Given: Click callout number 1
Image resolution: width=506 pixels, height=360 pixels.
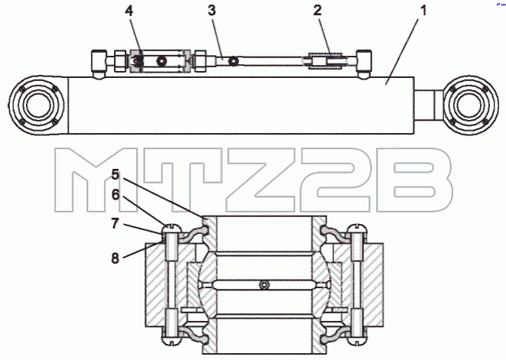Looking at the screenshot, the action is [x=423, y=11].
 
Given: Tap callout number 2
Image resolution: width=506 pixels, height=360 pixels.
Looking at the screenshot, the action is [x=317, y=11].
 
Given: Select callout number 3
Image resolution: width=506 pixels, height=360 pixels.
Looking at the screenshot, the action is [x=212, y=11].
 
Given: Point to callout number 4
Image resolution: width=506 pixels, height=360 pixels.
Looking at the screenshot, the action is [x=128, y=11].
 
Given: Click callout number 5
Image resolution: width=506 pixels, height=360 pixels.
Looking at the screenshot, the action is [x=115, y=175].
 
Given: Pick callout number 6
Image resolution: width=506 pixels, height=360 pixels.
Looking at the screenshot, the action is [x=115, y=195].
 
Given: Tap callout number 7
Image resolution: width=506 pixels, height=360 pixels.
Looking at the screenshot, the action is [x=115, y=223].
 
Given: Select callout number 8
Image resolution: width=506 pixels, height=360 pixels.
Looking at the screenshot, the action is [x=115, y=258].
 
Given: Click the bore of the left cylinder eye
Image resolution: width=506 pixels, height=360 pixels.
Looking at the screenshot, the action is [x=37, y=105].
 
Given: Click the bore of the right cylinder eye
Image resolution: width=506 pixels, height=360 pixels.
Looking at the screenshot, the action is [x=469, y=105].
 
